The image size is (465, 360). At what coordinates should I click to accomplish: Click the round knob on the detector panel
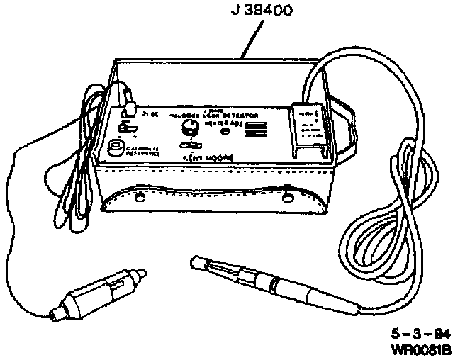click(189, 128)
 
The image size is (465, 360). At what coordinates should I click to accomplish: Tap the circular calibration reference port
click(115, 147)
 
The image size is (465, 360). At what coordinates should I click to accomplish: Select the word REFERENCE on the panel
click(146, 153)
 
